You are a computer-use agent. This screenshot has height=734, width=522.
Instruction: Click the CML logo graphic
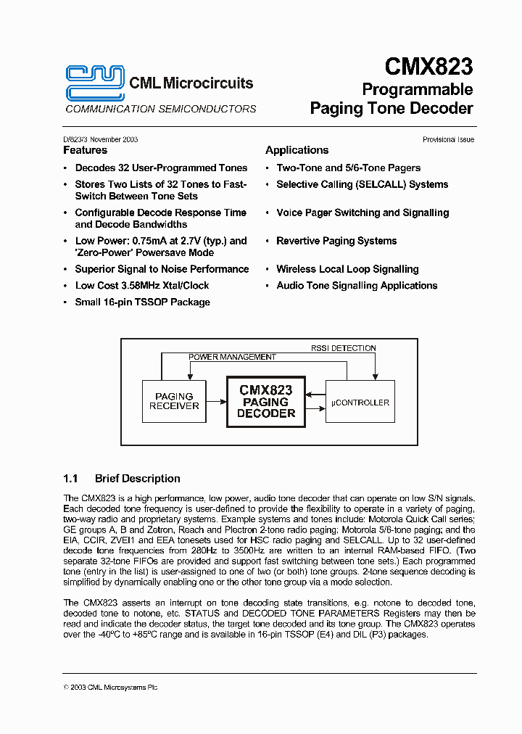[x=95, y=81]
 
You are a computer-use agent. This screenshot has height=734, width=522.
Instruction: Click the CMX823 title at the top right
[x=428, y=67]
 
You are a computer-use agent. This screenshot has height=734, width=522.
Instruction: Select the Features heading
[x=85, y=150]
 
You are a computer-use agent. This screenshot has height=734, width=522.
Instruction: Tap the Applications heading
[x=297, y=150]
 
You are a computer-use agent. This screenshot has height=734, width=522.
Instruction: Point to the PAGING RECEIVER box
[x=174, y=401]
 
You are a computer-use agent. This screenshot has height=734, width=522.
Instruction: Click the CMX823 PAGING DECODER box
[x=265, y=401]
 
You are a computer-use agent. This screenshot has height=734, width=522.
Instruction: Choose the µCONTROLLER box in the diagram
[x=360, y=402]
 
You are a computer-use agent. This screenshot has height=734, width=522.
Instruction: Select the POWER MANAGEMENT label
[x=232, y=357]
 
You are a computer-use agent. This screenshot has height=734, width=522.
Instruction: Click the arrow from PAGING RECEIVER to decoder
[x=217, y=401]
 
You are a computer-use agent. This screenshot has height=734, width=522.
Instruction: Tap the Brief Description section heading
[x=137, y=479]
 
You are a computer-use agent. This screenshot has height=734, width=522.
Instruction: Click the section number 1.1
[x=70, y=479]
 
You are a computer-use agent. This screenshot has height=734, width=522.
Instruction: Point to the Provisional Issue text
[x=448, y=139]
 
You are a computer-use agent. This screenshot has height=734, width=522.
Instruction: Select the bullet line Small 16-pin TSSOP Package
[x=142, y=302]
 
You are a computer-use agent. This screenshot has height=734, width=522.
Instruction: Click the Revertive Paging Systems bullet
[x=336, y=241]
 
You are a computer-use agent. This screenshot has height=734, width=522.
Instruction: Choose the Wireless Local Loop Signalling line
[x=347, y=269]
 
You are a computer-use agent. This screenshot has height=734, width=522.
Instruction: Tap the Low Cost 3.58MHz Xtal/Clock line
[x=142, y=285]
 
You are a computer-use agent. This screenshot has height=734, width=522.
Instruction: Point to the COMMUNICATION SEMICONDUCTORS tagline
[x=160, y=109]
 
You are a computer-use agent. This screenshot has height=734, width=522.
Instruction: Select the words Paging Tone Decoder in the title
[x=391, y=109]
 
